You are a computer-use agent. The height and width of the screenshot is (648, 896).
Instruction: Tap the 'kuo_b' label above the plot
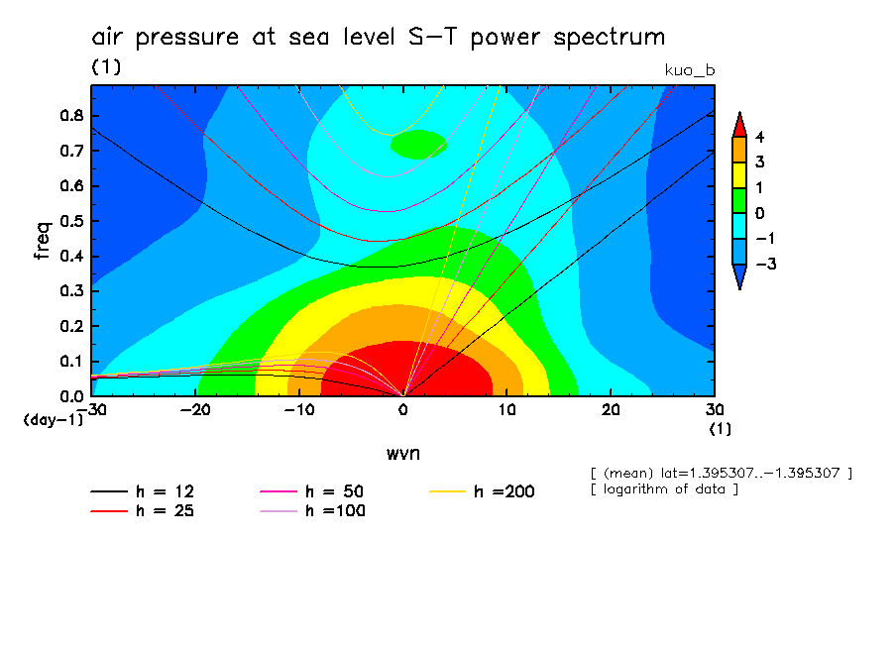pos(690,70)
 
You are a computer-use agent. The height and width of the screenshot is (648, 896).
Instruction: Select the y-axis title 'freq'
pos(43,241)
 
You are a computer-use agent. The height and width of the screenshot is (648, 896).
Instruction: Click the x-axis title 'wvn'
pos(403,453)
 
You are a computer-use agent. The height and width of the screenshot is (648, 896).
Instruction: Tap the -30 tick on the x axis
pos(91,408)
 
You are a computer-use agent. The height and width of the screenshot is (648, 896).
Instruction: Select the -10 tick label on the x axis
pos(298,408)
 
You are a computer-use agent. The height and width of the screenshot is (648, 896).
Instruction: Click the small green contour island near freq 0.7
pos(418,146)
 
